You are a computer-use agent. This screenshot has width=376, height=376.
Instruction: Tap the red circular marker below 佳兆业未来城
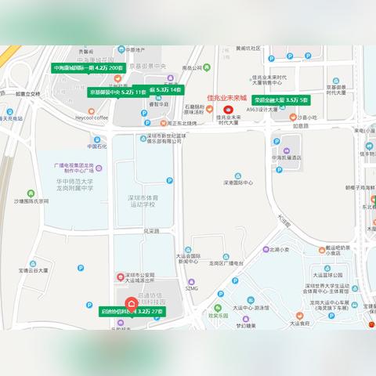[229, 110]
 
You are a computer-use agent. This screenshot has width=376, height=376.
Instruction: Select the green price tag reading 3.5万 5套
[280, 100]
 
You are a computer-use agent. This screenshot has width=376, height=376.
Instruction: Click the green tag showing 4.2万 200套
[89, 68]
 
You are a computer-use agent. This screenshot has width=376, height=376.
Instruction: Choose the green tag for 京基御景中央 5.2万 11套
[117, 92]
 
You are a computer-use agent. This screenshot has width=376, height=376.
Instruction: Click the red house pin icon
[132, 304]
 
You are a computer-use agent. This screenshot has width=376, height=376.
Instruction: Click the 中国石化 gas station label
[96, 146]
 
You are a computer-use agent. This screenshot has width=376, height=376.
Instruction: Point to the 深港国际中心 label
[239, 183]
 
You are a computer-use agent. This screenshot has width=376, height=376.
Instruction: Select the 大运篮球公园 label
[328, 275]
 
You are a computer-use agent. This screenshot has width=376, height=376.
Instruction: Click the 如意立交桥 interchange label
[27, 93]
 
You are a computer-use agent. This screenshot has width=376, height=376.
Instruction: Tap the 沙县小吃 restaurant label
[305, 117]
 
